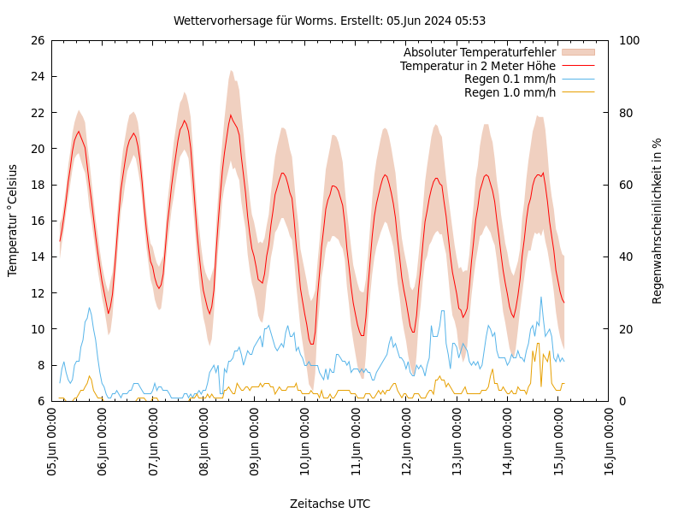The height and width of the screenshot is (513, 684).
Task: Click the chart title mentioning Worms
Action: coord(329,21)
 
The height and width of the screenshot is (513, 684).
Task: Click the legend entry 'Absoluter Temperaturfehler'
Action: coord(479,52)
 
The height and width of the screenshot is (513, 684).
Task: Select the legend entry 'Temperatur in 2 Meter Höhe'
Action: coord(477,66)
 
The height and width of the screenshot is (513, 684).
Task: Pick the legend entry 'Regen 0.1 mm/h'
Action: coord(510,80)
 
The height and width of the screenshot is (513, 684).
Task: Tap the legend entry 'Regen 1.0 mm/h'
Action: coord(510,92)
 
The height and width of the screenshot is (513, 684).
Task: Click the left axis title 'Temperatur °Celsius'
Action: coord(13,220)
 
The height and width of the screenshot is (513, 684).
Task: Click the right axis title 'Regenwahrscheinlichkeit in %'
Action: coord(657,220)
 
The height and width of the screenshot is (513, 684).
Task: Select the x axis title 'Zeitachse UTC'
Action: coord(330,504)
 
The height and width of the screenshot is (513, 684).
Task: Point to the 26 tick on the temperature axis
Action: coord(37,40)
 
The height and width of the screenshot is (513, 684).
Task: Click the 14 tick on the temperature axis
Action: coord(37,256)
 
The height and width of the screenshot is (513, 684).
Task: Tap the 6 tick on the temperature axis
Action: coord(40,401)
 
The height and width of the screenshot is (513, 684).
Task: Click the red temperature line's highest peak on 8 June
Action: coord(230,115)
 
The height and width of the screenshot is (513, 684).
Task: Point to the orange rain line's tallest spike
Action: coord(538,344)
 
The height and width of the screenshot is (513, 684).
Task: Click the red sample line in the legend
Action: coord(577,66)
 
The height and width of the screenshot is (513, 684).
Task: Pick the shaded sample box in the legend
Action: coord(577,52)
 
